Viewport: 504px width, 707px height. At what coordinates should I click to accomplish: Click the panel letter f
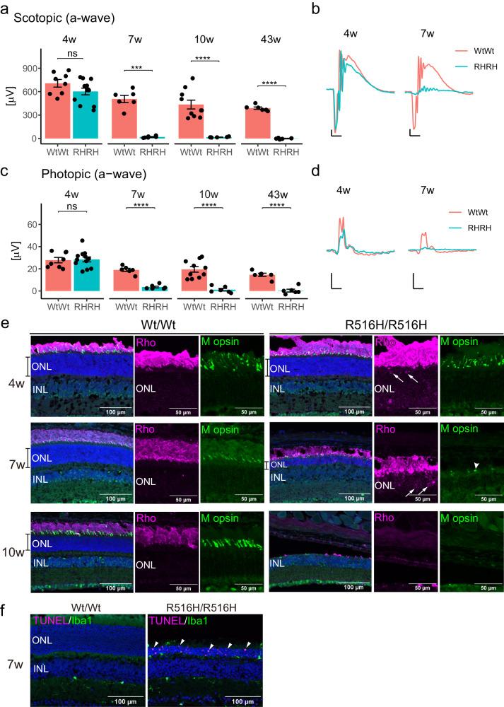coord(6,610)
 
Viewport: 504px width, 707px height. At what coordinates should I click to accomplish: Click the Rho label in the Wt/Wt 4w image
coord(145,342)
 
